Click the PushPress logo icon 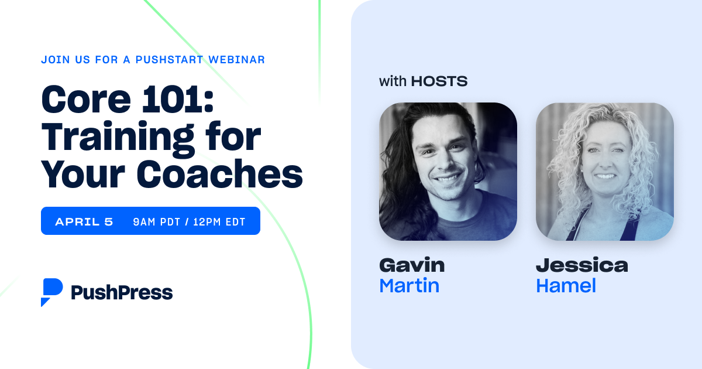click(51, 292)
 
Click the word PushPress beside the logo click(122, 292)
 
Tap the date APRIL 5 click(84, 221)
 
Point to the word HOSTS click(439, 81)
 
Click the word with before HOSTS click(393, 81)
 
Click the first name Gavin click(412, 265)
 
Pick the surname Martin click(409, 286)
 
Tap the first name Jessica click(581, 265)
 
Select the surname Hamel click(566, 286)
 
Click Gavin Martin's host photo click(448, 172)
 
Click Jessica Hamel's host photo click(604, 172)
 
